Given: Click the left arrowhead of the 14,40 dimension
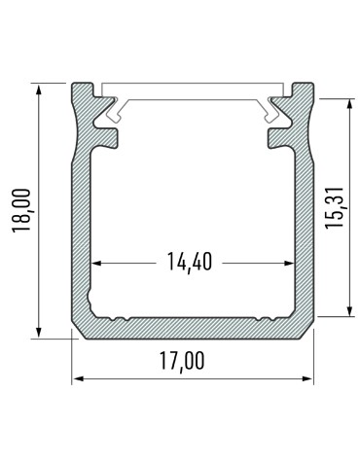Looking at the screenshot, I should pos(98,262).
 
